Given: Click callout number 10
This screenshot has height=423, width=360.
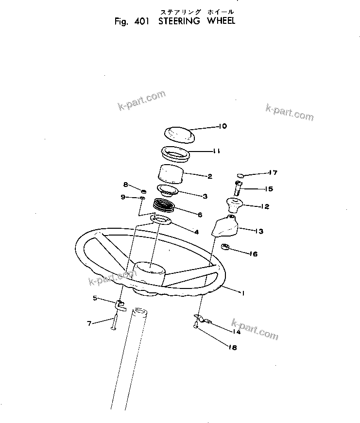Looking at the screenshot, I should click(223, 126).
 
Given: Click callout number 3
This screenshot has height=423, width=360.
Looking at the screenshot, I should click(205, 196).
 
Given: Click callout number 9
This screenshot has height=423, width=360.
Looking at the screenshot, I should click(122, 197).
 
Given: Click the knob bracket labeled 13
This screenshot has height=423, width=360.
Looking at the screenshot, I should click(225, 227).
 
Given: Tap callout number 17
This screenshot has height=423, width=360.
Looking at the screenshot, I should click(273, 172).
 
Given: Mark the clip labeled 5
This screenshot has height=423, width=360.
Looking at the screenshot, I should click(120, 305).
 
